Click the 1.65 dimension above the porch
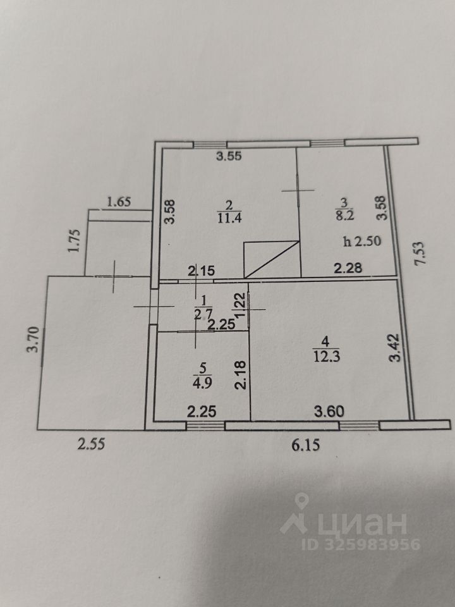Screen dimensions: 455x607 (119, 202)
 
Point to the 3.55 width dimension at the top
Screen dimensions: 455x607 (229, 157)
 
